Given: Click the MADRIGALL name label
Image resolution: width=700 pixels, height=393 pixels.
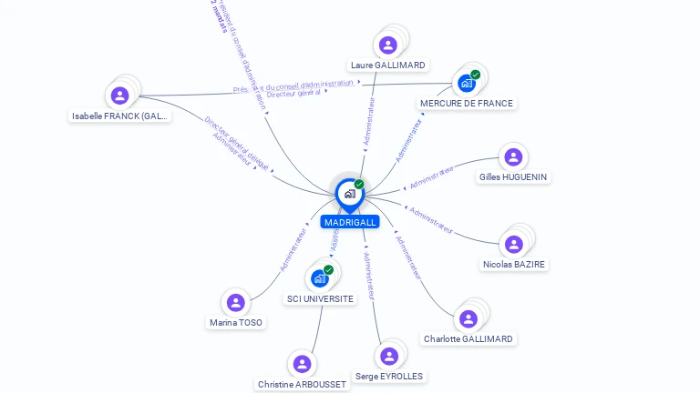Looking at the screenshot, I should click(x=349, y=222).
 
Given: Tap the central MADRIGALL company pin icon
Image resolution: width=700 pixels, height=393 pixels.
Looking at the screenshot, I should click(x=349, y=194).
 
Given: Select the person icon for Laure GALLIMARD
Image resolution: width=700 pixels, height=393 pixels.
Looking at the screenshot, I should click(x=388, y=45).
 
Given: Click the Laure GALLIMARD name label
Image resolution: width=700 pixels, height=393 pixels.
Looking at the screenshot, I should click(x=388, y=65).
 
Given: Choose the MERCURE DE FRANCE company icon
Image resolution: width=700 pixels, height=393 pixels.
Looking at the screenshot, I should click(x=467, y=84).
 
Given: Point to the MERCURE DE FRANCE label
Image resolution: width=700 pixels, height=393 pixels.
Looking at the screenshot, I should click(x=467, y=104).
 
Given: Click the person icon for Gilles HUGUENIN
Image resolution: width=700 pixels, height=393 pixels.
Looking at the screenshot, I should click(x=513, y=156).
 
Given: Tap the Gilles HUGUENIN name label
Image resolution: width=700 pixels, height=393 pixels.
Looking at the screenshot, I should click(x=514, y=177).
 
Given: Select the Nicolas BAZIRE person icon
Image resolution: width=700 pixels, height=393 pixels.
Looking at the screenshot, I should click(x=514, y=244).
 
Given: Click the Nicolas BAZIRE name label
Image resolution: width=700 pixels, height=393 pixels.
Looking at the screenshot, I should click(x=514, y=265).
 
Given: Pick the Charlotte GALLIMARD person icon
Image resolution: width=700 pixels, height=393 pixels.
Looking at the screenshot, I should click(x=468, y=318).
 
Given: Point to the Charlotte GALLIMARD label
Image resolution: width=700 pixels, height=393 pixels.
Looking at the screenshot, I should click(x=468, y=339).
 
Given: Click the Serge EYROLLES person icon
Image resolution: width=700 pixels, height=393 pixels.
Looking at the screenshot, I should click(x=389, y=356).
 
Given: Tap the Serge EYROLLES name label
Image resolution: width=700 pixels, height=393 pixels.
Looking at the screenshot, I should click(x=389, y=377).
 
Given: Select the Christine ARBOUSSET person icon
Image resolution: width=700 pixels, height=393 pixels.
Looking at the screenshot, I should click(x=302, y=364).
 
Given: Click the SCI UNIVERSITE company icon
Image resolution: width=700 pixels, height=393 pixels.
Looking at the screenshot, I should click(x=320, y=278).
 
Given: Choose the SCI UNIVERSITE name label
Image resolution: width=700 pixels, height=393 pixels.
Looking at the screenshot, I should click(x=320, y=298).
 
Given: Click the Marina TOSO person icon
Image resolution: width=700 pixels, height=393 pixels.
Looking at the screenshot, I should click(x=236, y=302).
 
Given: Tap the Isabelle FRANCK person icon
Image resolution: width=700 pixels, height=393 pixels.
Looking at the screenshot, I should click(x=119, y=95).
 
